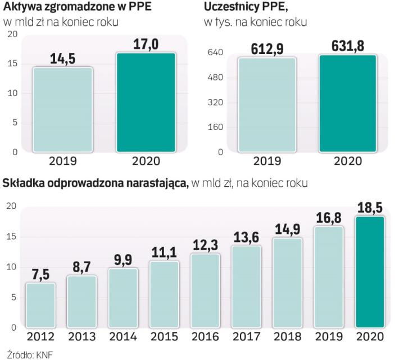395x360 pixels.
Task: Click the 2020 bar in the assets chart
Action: tap(146, 102)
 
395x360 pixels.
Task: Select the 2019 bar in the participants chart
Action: tap(267, 105)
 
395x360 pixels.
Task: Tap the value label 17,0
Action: tap(146, 43)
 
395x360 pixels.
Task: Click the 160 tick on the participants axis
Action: tap(217, 127)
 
